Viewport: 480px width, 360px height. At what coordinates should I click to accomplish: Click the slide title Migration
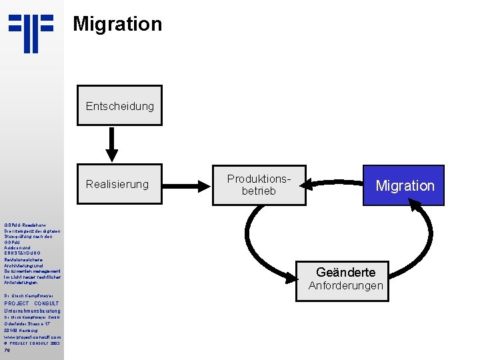[x=117, y=24]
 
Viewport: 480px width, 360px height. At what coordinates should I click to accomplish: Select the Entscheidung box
[x=119, y=105]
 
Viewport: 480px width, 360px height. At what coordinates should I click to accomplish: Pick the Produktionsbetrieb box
[x=259, y=185]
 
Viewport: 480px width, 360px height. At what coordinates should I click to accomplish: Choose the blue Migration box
[x=404, y=185]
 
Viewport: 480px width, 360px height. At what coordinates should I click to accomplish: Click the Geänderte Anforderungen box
[x=345, y=279]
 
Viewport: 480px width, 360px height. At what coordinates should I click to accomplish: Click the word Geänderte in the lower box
[x=345, y=272]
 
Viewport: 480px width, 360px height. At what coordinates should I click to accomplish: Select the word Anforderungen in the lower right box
[x=345, y=286]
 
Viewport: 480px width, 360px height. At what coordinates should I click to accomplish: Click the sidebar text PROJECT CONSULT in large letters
[x=31, y=303]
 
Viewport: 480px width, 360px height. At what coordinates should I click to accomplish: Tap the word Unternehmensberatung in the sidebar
[x=31, y=311]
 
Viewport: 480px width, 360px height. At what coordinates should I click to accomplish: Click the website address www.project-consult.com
[x=31, y=337]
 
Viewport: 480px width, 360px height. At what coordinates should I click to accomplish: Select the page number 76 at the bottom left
[x=7, y=350]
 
